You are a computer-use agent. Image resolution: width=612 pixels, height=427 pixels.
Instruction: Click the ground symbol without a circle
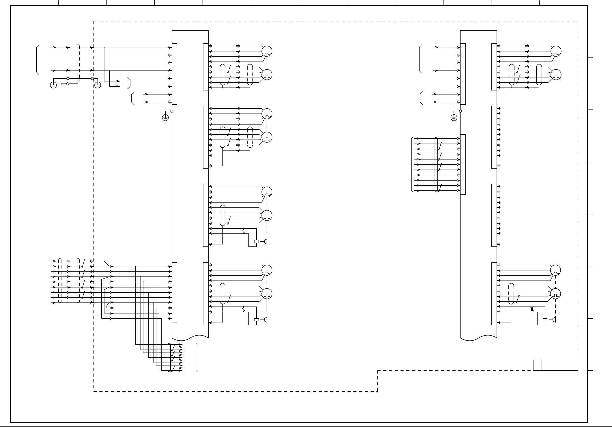61,86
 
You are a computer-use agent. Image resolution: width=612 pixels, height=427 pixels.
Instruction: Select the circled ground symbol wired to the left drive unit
165,118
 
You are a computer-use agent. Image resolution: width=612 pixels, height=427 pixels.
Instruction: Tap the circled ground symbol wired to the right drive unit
454,118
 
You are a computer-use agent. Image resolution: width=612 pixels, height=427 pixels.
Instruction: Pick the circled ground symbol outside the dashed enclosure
53,85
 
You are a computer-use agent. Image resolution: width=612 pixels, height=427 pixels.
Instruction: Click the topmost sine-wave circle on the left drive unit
267,51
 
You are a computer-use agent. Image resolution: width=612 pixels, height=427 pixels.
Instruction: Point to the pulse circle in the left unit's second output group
267,138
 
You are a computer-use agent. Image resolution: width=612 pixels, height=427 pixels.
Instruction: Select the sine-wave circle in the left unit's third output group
267,192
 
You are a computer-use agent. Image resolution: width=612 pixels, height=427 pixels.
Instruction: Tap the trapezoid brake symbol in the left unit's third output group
265,242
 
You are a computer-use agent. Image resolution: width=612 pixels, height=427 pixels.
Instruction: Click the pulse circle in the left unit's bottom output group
267,294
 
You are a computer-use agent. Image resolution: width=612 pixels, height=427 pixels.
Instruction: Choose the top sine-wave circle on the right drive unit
556,51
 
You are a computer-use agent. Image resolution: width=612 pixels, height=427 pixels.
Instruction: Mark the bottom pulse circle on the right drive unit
556,294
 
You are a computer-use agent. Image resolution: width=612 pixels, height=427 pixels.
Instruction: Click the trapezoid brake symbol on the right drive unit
554,320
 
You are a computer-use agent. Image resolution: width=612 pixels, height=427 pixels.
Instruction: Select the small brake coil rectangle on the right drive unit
545,320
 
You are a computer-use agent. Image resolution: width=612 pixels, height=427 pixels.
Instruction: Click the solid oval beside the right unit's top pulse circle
539,75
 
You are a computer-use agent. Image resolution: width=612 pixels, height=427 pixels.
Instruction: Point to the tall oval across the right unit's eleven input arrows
436,164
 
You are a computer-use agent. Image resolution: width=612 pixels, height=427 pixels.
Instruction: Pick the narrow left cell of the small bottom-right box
538,365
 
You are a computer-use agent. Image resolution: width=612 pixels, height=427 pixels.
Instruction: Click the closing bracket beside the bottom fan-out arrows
198,357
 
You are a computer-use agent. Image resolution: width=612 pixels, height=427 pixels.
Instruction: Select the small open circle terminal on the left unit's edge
172,111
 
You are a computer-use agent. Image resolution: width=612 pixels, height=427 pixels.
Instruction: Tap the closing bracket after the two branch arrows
130,83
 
